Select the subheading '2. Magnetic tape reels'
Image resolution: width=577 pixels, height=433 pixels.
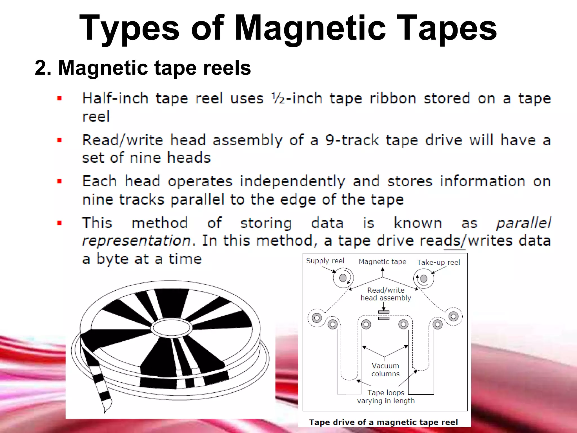click(x=143, y=68)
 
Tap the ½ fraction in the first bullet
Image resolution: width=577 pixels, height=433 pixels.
click(x=278, y=98)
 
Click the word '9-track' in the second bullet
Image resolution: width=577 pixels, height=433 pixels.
click(x=352, y=140)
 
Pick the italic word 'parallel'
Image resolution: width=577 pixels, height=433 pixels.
click(x=523, y=223)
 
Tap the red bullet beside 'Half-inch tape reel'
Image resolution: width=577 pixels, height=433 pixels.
click(x=59, y=98)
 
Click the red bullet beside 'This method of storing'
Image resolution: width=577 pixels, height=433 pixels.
click(x=59, y=223)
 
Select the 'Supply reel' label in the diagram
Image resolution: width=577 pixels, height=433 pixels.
click(x=325, y=261)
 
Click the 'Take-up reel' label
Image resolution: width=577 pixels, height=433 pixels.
click(x=438, y=262)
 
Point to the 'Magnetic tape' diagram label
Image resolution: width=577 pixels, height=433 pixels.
click(x=382, y=262)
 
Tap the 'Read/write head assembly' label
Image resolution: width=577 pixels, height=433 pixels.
click(x=386, y=294)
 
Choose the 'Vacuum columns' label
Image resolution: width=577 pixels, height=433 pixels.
click(x=385, y=370)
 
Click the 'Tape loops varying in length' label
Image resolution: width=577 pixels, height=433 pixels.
click(x=386, y=397)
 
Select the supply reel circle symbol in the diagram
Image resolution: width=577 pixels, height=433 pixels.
click(x=343, y=278)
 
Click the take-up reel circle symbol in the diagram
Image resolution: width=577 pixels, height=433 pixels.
click(x=423, y=279)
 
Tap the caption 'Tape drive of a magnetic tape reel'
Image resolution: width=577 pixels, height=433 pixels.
click(x=383, y=422)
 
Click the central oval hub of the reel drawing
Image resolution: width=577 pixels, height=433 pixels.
click(x=171, y=328)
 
